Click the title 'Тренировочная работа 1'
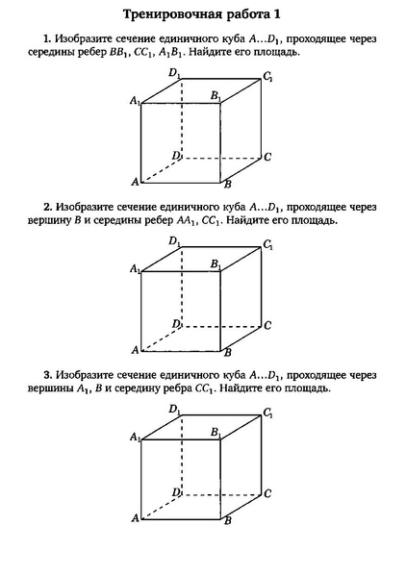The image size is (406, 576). coord(203,15)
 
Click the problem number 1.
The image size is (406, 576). coord(46,38)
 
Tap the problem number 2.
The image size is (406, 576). coord(46,206)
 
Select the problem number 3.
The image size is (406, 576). coord(46,374)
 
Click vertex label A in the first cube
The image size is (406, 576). coord(136,181)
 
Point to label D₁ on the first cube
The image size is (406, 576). coord(173,72)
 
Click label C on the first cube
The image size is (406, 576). coord(266,156)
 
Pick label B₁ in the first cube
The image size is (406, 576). coord(216,95)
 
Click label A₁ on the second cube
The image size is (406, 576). coord(135,270)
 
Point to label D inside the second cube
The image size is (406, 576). coord(175,323)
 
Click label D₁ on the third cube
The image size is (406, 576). coord(173,410)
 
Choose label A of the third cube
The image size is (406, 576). coord(136,518)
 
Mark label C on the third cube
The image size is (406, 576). coord(266,493)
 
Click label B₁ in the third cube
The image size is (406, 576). coord(216,432)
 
